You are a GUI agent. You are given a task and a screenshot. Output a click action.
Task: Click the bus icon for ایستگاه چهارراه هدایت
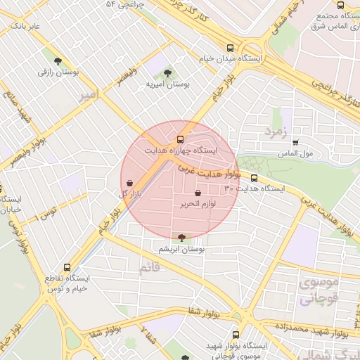point(181,139)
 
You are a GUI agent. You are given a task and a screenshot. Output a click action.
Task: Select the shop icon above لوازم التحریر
point(197,193)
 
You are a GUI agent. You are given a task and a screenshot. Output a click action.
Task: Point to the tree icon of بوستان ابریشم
point(183,238)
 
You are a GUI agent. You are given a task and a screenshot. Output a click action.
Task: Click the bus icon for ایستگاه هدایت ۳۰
point(254,178)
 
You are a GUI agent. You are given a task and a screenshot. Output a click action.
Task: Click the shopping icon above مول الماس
point(295,143)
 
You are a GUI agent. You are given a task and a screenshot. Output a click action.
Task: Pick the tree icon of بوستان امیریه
point(167,73)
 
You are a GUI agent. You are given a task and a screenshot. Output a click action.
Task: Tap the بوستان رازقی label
point(56,72)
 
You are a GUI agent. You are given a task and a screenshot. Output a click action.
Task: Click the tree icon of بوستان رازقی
point(56,61)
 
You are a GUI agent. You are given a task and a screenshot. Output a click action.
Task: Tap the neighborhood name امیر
point(87,95)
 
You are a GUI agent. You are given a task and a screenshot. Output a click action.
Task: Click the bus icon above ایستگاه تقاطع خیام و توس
point(67,268)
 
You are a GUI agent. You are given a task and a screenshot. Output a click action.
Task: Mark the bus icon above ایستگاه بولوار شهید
point(236,335)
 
